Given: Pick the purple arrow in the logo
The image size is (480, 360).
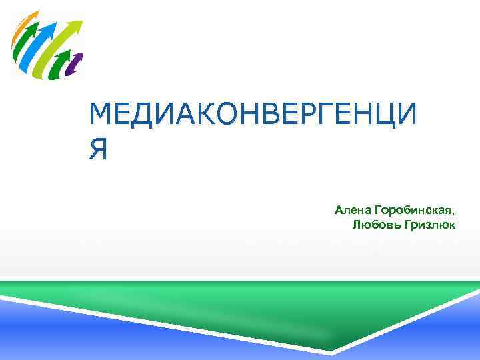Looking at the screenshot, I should pos(76,63).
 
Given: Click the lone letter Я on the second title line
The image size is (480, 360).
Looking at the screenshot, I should pos(97,150).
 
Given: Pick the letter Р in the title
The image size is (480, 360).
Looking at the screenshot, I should pos(311,117).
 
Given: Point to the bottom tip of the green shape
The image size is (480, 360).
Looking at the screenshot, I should pos(331,351).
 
